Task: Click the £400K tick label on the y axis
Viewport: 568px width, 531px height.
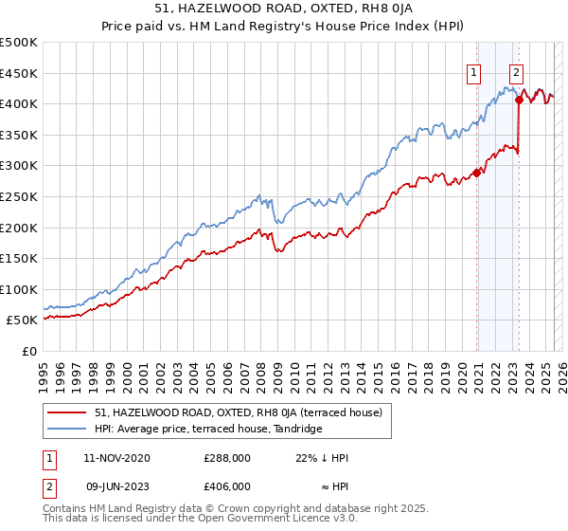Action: click(x=20, y=103)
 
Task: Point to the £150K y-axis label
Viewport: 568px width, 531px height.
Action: click(x=20, y=258)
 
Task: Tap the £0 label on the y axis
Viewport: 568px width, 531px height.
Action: click(x=29, y=351)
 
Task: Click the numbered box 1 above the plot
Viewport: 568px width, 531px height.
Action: click(x=472, y=70)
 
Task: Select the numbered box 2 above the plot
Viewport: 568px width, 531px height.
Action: click(x=516, y=70)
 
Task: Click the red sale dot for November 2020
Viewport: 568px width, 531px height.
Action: click(x=477, y=173)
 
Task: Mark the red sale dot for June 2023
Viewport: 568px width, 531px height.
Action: click(x=520, y=100)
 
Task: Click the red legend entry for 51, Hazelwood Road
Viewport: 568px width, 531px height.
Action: click(x=238, y=412)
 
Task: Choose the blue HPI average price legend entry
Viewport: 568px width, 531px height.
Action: click(x=208, y=430)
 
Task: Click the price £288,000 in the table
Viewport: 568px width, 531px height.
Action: click(x=227, y=458)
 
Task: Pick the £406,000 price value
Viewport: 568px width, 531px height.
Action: click(x=227, y=485)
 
